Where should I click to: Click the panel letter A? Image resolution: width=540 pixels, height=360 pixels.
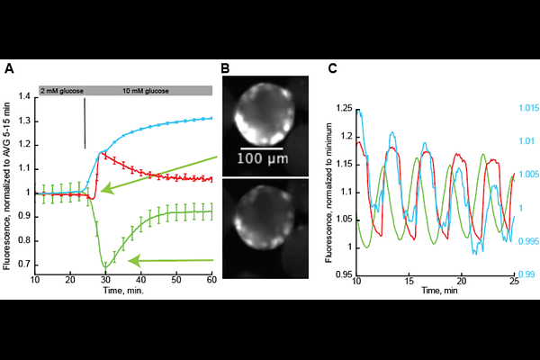[9, 68]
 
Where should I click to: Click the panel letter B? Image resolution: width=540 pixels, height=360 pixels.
[225, 68]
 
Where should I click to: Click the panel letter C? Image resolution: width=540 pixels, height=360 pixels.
[333, 68]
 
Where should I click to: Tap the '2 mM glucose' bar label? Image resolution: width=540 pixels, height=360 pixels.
[62, 91]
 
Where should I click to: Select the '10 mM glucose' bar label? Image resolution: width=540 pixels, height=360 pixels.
[146, 91]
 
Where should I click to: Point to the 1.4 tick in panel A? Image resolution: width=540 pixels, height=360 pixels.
[24, 96]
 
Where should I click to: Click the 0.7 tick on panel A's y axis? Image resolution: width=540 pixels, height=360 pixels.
[24, 265]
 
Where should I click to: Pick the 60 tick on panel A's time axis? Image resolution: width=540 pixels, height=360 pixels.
[211, 279]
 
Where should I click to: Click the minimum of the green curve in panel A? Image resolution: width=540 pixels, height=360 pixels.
[105, 267]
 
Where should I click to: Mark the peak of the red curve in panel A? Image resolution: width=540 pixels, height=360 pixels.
[101, 153]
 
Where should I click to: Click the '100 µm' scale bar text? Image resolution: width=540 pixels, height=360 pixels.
[263, 158]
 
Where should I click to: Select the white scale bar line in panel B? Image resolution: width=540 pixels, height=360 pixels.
[262, 148]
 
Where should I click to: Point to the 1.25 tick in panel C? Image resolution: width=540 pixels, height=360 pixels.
[344, 108]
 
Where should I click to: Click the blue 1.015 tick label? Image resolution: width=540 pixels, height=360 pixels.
[529, 108]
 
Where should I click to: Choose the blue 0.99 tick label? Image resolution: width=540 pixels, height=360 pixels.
[526, 274]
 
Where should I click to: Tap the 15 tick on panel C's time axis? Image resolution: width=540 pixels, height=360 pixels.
[409, 281]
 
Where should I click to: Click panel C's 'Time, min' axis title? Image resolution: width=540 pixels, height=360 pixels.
[440, 291]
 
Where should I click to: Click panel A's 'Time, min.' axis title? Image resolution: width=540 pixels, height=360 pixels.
[123, 291]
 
